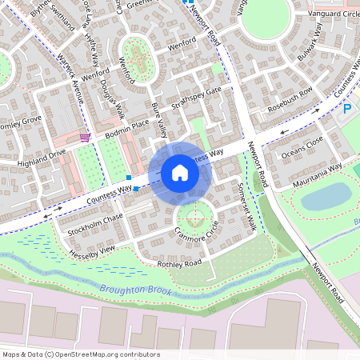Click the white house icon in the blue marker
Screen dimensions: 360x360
180,173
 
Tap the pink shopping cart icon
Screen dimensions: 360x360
85,137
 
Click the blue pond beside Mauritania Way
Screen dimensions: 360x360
325,196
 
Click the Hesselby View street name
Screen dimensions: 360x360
92,250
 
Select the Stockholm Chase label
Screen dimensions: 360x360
95,218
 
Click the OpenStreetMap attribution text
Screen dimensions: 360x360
80,354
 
